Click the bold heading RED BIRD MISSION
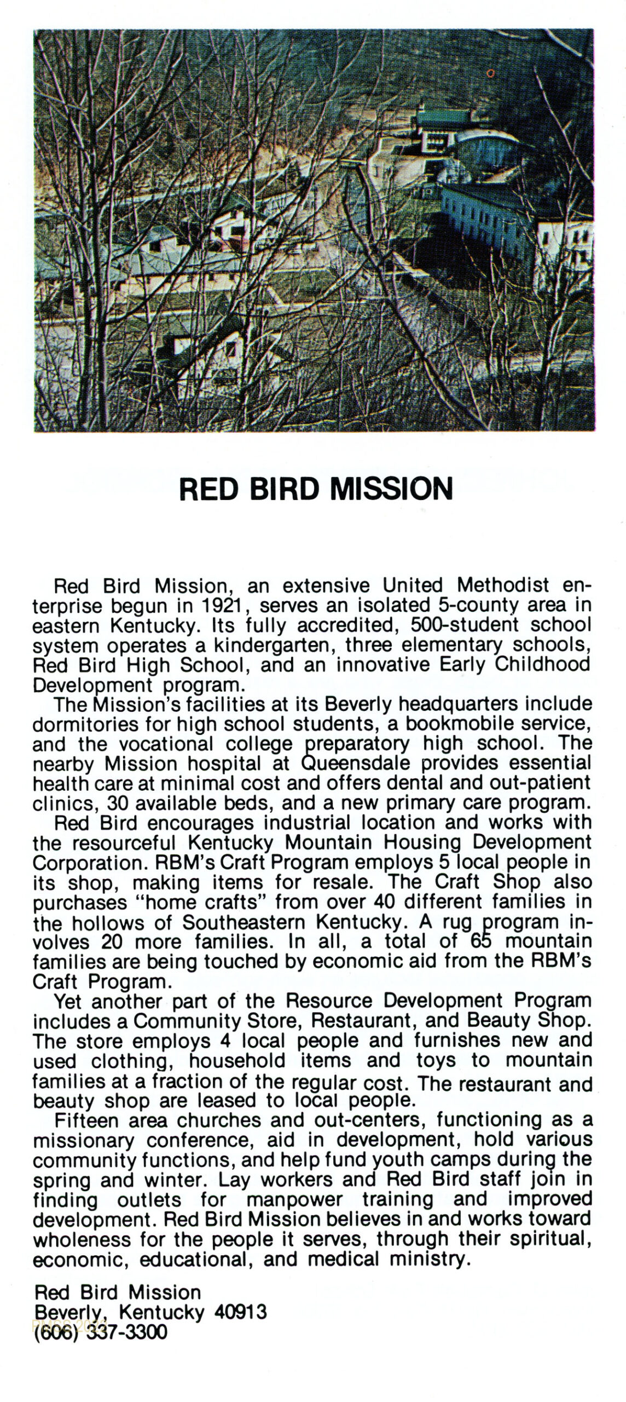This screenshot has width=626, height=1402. pos(316,489)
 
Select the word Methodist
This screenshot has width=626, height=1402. pos(503,585)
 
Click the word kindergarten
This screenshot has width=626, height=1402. pos(272,645)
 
